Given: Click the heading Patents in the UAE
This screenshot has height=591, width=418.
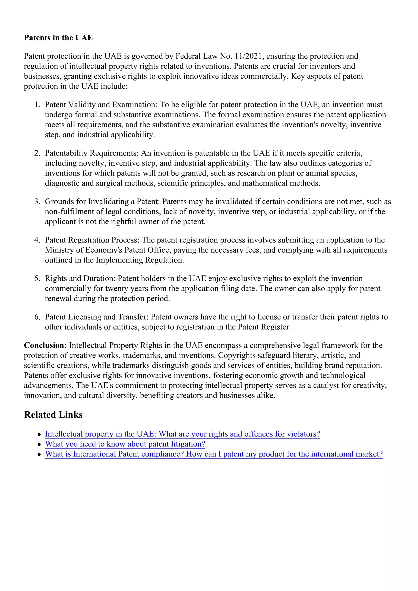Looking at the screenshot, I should pyautogui.click(x=58, y=38).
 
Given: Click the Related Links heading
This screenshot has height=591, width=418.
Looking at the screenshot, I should pyautogui.click(x=53, y=415).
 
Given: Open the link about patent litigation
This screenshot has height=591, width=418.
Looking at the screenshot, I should pyautogui.click(x=125, y=444).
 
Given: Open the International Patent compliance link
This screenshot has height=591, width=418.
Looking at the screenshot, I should pyautogui.click(x=214, y=454).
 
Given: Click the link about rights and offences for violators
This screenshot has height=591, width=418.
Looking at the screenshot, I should pyautogui.click(x=182, y=434).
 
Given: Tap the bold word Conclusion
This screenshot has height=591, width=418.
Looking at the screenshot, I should pyautogui.click(x=45, y=345).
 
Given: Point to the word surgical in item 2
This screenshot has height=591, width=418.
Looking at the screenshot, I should pyautogui.click(x=108, y=183).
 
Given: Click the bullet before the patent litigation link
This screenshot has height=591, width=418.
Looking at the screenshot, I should pyautogui.click(x=39, y=444).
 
